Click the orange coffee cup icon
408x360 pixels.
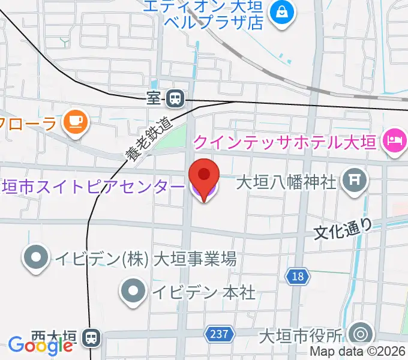[x=75, y=122]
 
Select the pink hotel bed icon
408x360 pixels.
[x=394, y=142]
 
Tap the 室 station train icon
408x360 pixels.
[x=175, y=97]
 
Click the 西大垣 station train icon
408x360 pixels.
[x=92, y=337]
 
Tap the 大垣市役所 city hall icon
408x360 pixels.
[x=361, y=334]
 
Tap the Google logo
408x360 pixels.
[x=40, y=344]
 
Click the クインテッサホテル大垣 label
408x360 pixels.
[x=284, y=142]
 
